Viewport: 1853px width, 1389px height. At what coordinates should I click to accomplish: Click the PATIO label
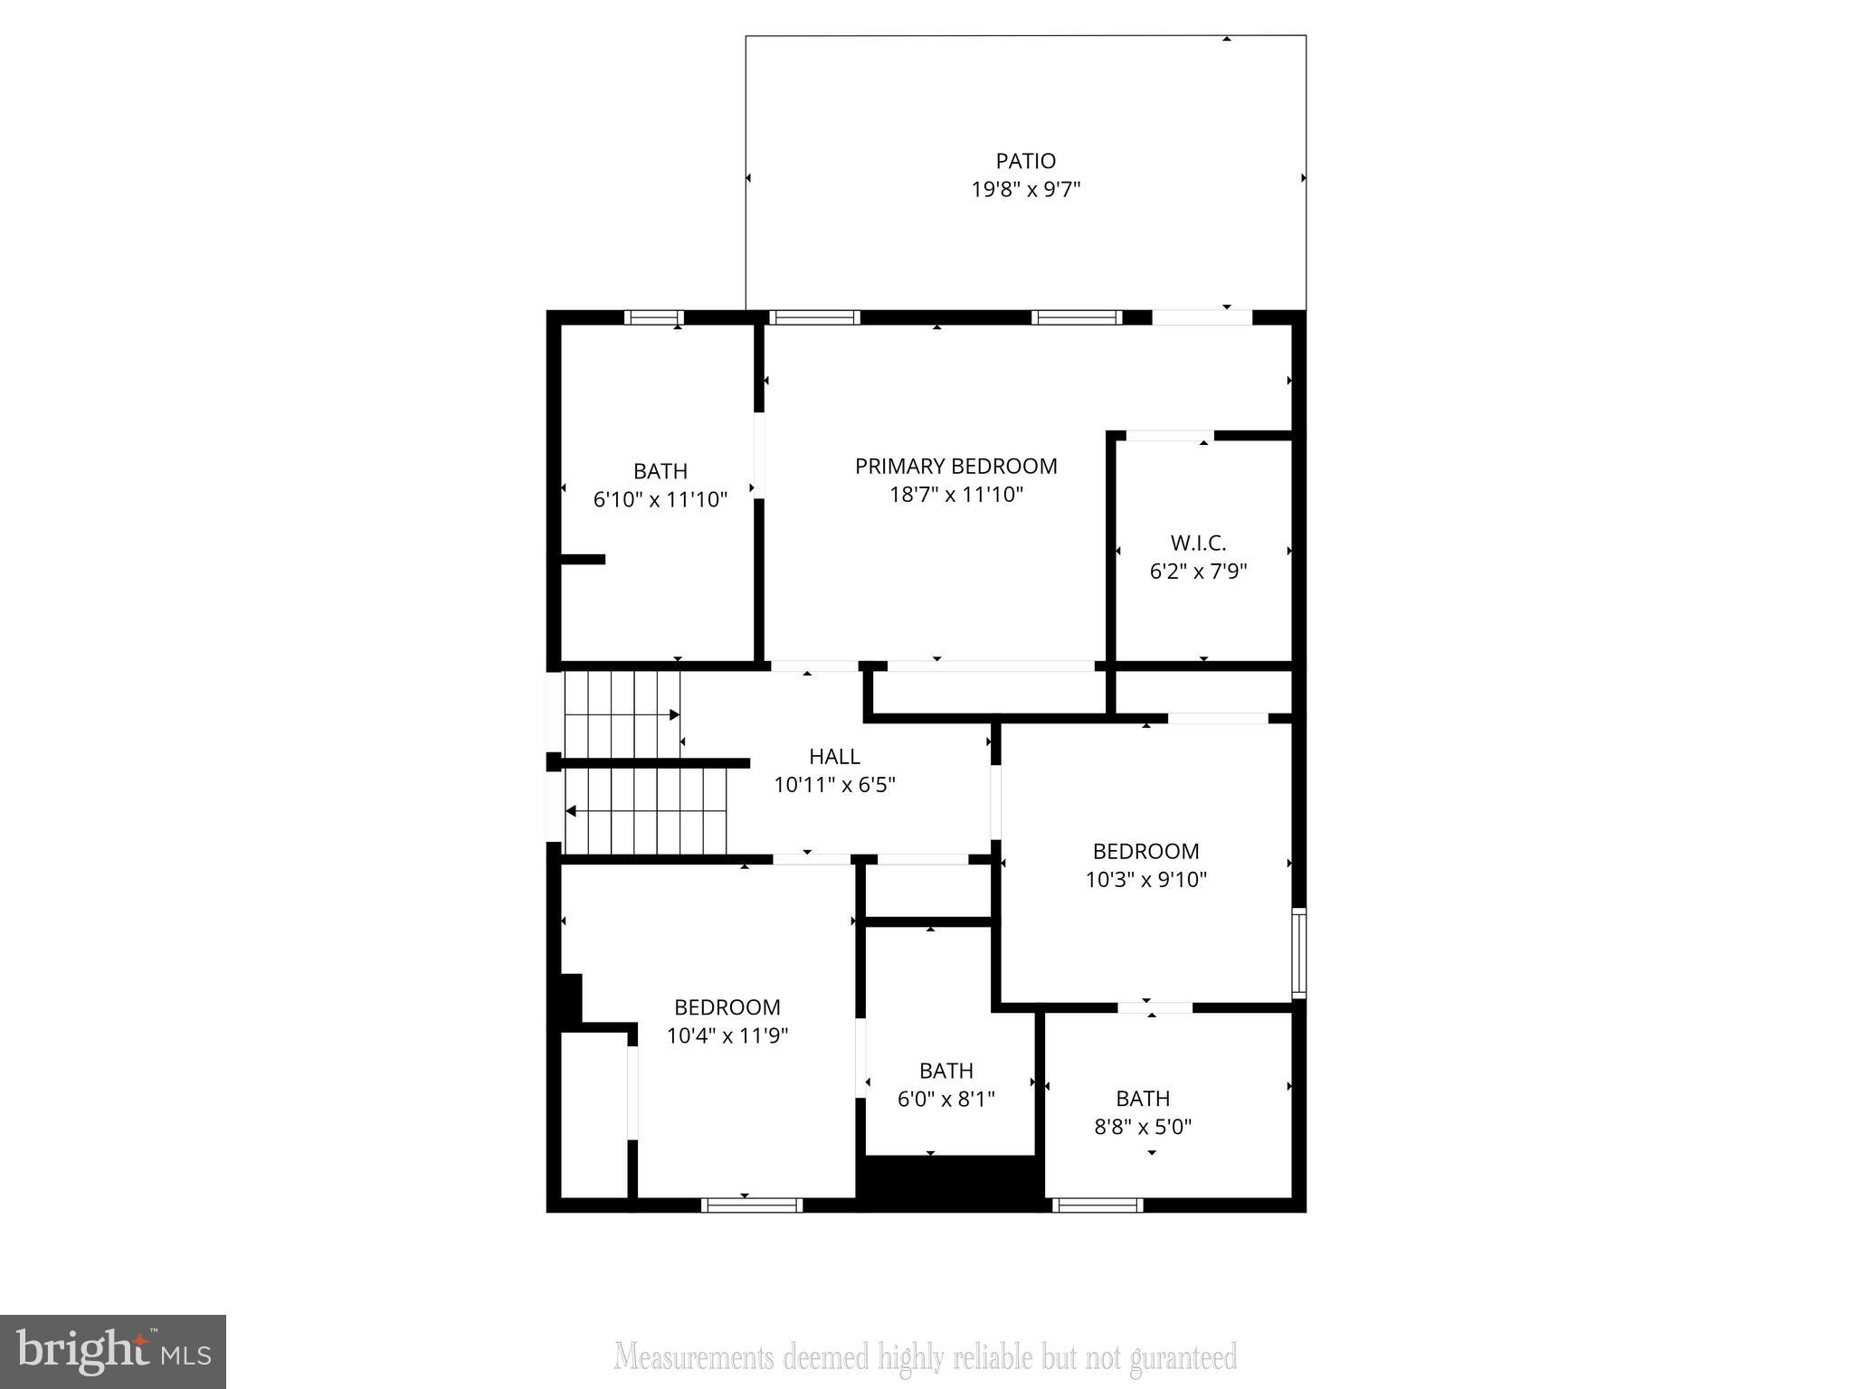pyautogui.click(x=1025, y=161)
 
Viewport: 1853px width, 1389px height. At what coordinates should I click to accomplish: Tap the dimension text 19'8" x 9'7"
pyautogui.click(x=1026, y=190)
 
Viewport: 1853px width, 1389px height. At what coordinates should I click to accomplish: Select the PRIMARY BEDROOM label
pyautogui.click(x=955, y=466)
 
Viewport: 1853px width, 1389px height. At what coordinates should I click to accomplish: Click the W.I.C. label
pyautogui.click(x=1198, y=543)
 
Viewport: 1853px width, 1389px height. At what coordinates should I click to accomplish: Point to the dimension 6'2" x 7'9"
pyautogui.click(x=1198, y=572)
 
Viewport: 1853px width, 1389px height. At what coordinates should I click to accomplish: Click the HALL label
pyautogui.click(x=834, y=756)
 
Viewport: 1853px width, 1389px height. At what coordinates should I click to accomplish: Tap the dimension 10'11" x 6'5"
pyautogui.click(x=834, y=785)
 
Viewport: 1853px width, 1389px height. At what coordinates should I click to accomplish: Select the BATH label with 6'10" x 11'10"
pyautogui.click(x=660, y=471)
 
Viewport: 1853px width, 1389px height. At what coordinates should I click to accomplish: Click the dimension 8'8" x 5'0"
pyautogui.click(x=1143, y=1127)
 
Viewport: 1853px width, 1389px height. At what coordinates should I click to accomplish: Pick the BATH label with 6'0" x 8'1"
pyautogui.click(x=946, y=1071)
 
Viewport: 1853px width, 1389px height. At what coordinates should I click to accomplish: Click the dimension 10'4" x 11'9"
pyautogui.click(x=727, y=1035)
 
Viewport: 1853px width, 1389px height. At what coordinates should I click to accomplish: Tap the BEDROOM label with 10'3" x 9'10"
pyautogui.click(x=1145, y=851)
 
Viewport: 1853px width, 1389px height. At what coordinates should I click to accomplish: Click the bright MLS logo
pyautogui.click(x=113, y=1352)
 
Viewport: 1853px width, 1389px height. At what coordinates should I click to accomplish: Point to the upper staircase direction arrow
pyautogui.click(x=674, y=715)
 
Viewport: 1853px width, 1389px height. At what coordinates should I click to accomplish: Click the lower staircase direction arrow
pyautogui.click(x=571, y=811)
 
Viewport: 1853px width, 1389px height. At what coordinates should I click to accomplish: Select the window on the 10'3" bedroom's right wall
pyautogui.click(x=1299, y=953)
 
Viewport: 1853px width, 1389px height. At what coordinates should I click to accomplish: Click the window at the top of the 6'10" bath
pyautogui.click(x=653, y=317)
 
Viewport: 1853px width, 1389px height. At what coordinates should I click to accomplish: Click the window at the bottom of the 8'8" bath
pyautogui.click(x=1097, y=1205)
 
